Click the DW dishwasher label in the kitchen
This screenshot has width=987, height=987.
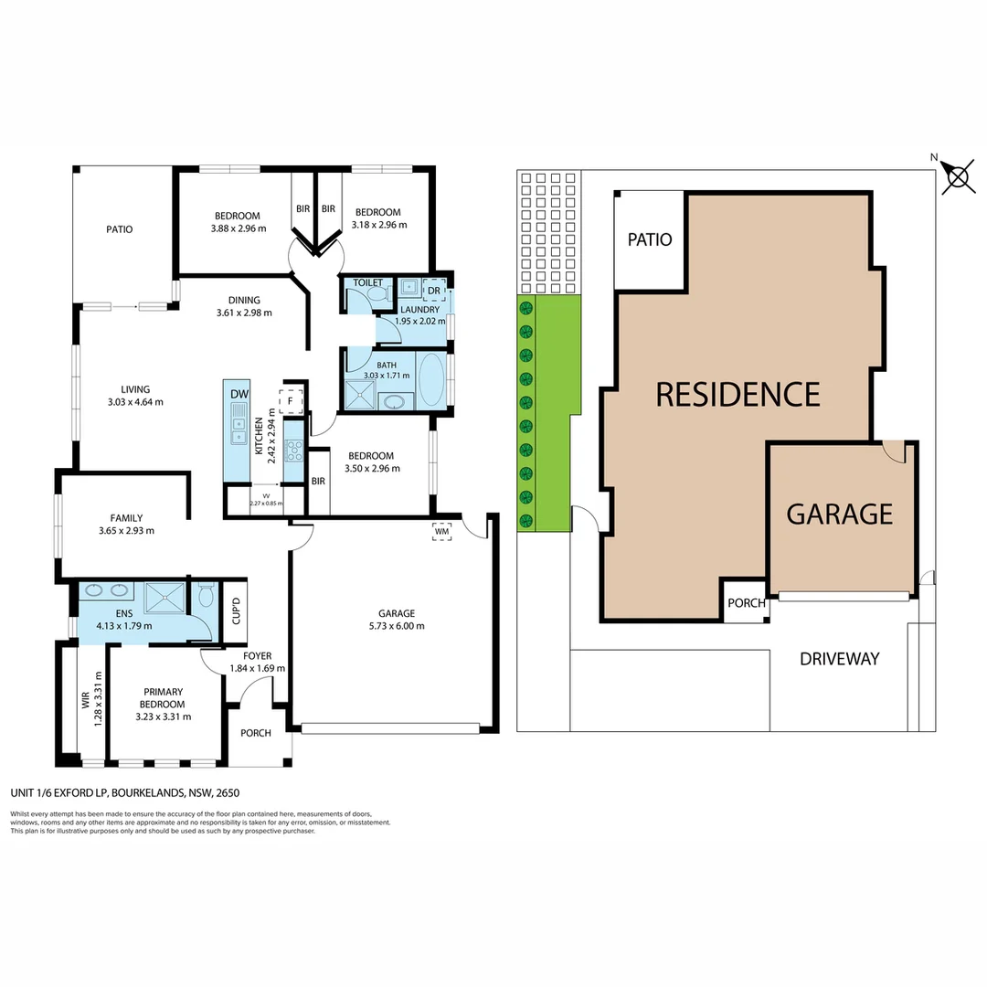(x=239, y=394)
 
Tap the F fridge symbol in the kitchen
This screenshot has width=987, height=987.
(x=291, y=400)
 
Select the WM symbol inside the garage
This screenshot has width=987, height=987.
(x=442, y=531)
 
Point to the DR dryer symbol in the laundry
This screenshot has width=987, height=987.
(x=434, y=291)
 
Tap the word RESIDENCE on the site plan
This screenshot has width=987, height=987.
(x=738, y=394)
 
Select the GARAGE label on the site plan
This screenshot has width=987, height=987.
(x=839, y=514)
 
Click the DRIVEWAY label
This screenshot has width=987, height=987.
(x=839, y=658)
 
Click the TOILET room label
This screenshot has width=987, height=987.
(x=367, y=283)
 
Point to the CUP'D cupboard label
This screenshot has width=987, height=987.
(x=236, y=610)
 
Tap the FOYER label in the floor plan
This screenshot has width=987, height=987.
(x=258, y=655)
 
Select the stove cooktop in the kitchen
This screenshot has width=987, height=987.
(x=294, y=449)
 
